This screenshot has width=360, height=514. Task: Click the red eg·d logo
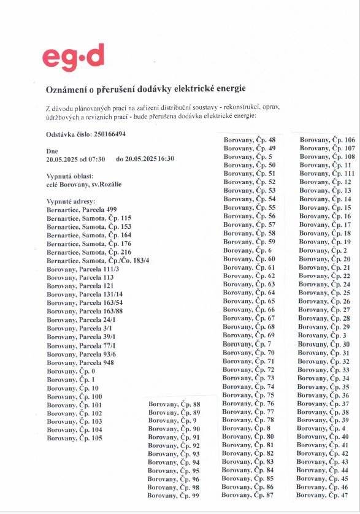(x=73, y=58)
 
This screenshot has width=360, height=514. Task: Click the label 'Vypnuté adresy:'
(x=72, y=201)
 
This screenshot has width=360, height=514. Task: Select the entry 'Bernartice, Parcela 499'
(x=82, y=210)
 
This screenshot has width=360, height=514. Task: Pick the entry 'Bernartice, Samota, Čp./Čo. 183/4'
(x=98, y=261)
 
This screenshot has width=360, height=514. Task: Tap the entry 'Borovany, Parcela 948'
(x=80, y=362)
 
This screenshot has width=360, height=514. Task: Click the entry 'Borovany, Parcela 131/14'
(x=85, y=294)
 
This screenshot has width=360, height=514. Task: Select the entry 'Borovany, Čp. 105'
(x=74, y=438)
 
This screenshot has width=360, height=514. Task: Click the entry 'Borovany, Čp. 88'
(x=174, y=404)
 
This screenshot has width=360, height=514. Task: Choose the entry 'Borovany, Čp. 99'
(x=174, y=496)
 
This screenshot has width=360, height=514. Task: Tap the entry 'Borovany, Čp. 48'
(x=250, y=140)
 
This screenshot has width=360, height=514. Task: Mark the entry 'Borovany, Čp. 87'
(x=248, y=495)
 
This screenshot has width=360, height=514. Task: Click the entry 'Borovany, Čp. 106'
(x=327, y=140)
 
